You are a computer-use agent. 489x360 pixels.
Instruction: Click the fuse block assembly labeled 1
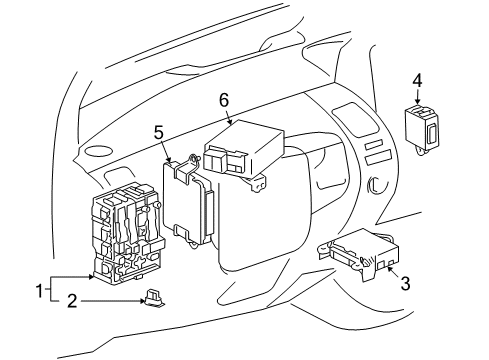point(128,235)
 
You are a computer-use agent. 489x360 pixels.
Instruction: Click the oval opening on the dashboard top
point(99,151)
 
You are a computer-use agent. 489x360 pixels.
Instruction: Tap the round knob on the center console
point(378,185)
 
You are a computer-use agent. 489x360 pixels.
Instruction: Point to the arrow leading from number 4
point(417,98)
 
